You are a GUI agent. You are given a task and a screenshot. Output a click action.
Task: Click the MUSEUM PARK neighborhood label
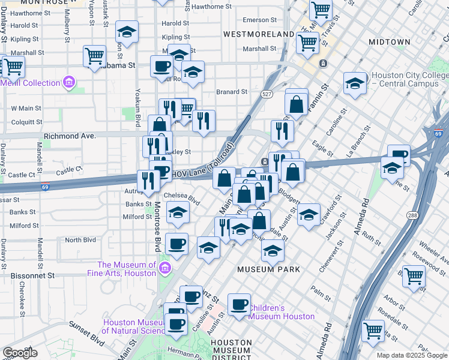[x=268, y=269]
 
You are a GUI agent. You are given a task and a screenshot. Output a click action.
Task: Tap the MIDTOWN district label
[x=389, y=42]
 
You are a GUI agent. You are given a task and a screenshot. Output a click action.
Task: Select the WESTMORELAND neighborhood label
[x=259, y=34]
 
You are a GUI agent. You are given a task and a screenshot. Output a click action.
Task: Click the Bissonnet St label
[x=32, y=275]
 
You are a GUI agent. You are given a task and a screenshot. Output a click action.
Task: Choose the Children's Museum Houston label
[x=282, y=312]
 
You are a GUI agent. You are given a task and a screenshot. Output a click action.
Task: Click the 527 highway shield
[x=267, y=94]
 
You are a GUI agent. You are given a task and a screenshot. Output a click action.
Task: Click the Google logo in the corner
[x=20, y=353]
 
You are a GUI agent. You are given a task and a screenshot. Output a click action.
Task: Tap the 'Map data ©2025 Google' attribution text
[x=411, y=355]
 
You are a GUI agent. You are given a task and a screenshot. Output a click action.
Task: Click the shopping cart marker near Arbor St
[x=414, y=277]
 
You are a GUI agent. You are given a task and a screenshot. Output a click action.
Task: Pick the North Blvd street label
[x=80, y=240]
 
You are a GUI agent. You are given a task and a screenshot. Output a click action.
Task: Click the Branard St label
[x=232, y=92]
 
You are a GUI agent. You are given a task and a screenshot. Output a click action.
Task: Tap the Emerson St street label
[x=255, y=20]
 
